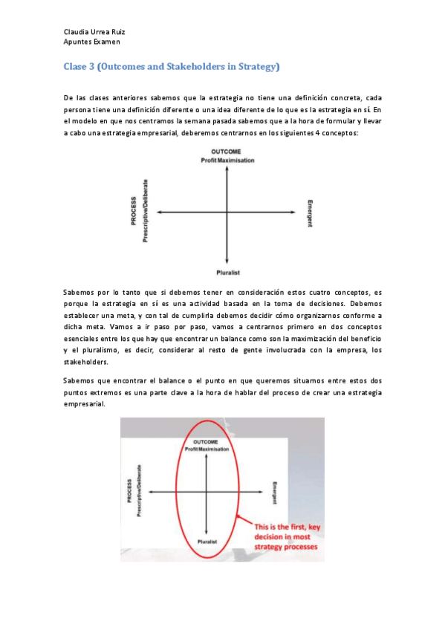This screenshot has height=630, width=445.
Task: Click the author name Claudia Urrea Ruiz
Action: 93,32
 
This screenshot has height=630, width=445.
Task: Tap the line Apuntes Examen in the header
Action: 91,42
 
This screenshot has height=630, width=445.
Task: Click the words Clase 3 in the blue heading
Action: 80,67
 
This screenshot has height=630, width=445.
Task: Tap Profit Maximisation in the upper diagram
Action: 227,160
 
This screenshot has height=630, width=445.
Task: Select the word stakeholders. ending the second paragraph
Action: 86,363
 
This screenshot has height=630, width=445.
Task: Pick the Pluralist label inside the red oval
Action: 207,542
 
